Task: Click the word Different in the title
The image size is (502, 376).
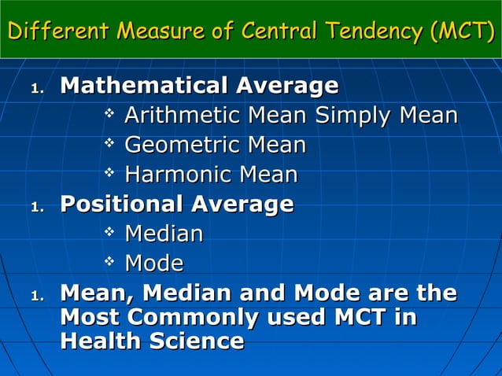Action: [57, 32]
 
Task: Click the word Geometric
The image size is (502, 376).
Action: [182, 146]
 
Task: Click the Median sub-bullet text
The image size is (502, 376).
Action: [164, 234]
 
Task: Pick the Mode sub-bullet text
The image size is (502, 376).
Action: [154, 263]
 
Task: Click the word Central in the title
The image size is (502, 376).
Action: [277, 32]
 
